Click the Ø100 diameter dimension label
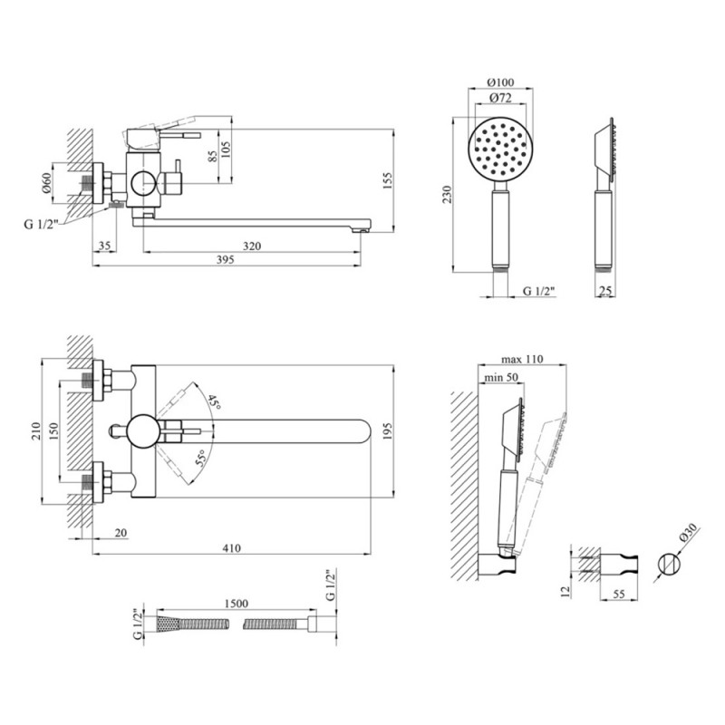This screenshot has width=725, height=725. click(x=500, y=82)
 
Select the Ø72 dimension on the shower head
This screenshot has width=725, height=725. click(x=500, y=98)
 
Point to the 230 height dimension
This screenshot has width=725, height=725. click(x=447, y=195)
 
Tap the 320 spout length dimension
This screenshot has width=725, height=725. click(x=252, y=246)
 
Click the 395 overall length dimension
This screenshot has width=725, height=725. click(x=226, y=260)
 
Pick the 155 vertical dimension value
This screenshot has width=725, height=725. click(x=387, y=180)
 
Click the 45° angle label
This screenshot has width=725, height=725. click(x=214, y=401)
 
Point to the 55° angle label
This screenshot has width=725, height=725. click(x=200, y=459)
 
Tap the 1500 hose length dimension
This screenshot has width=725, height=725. click(x=236, y=604)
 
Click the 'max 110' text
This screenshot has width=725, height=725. click(x=523, y=359)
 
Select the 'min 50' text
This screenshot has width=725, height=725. click(x=501, y=378)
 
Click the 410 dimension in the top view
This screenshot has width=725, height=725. click(x=232, y=548)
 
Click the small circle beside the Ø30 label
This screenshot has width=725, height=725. click(x=669, y=565)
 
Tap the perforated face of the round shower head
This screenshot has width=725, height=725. click(x=500, y=149)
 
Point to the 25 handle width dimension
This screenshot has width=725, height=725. click(x=604, y=291)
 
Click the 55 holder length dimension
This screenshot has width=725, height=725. click(x=619, y=594)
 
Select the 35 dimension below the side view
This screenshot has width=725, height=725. click(x=105, y=246)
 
